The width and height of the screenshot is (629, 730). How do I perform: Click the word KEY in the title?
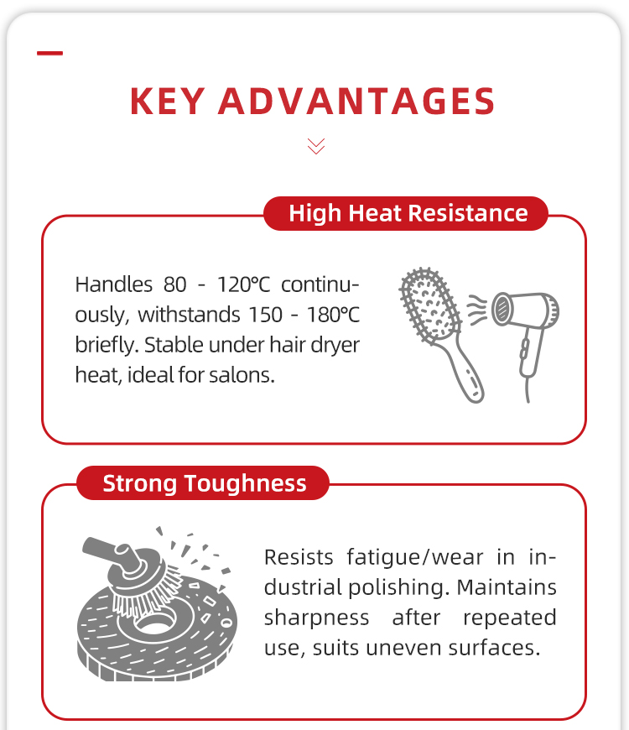[x=167, y=101]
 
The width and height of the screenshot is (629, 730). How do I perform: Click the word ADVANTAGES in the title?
[x=356, y=101]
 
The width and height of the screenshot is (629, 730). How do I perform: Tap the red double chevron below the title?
[x=316, y=146]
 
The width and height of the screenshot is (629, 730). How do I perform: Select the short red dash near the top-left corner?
[x=49, y=53]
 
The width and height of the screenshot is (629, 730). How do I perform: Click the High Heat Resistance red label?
[x=406, y=213]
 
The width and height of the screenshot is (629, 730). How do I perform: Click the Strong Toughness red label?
[x=203, y=482]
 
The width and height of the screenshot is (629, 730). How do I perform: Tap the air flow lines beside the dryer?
[x=477, y=309]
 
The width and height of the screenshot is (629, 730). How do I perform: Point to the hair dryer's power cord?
[x=528, y=389]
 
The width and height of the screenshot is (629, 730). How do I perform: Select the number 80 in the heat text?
[x=175, y=284]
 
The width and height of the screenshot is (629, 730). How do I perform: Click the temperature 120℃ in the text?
[x=243, y=284]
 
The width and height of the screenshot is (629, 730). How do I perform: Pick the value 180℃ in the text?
[x=333, y=315]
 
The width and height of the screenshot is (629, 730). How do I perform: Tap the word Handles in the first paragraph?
[x=113, y=284]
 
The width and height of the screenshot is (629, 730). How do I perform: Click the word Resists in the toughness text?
[x=299, y=557]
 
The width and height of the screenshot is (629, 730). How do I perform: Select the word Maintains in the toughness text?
[x=507, y=587]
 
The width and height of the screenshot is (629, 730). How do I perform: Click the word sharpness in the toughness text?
[x=316, y=618]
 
